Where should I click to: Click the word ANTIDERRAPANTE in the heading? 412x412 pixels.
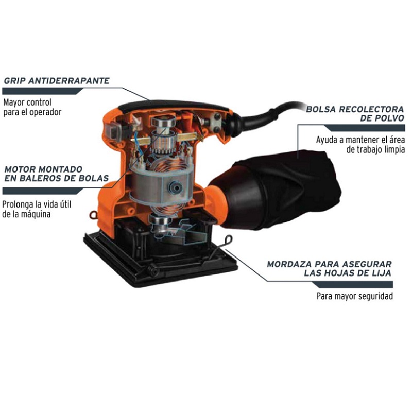pyautogui.click(x=69, y=81)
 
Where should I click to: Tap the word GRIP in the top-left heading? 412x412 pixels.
pyautogui.click(x=14, y=81)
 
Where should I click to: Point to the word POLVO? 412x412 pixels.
pyautogui.click(x=391, y=118)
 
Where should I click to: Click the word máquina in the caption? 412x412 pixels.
pyautogui.click(x=36, y=214)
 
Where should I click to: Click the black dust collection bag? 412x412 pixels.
pyautogui.click(x=279, y=190)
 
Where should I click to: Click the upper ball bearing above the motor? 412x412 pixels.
pyautogui.click(x=163, y=123)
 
